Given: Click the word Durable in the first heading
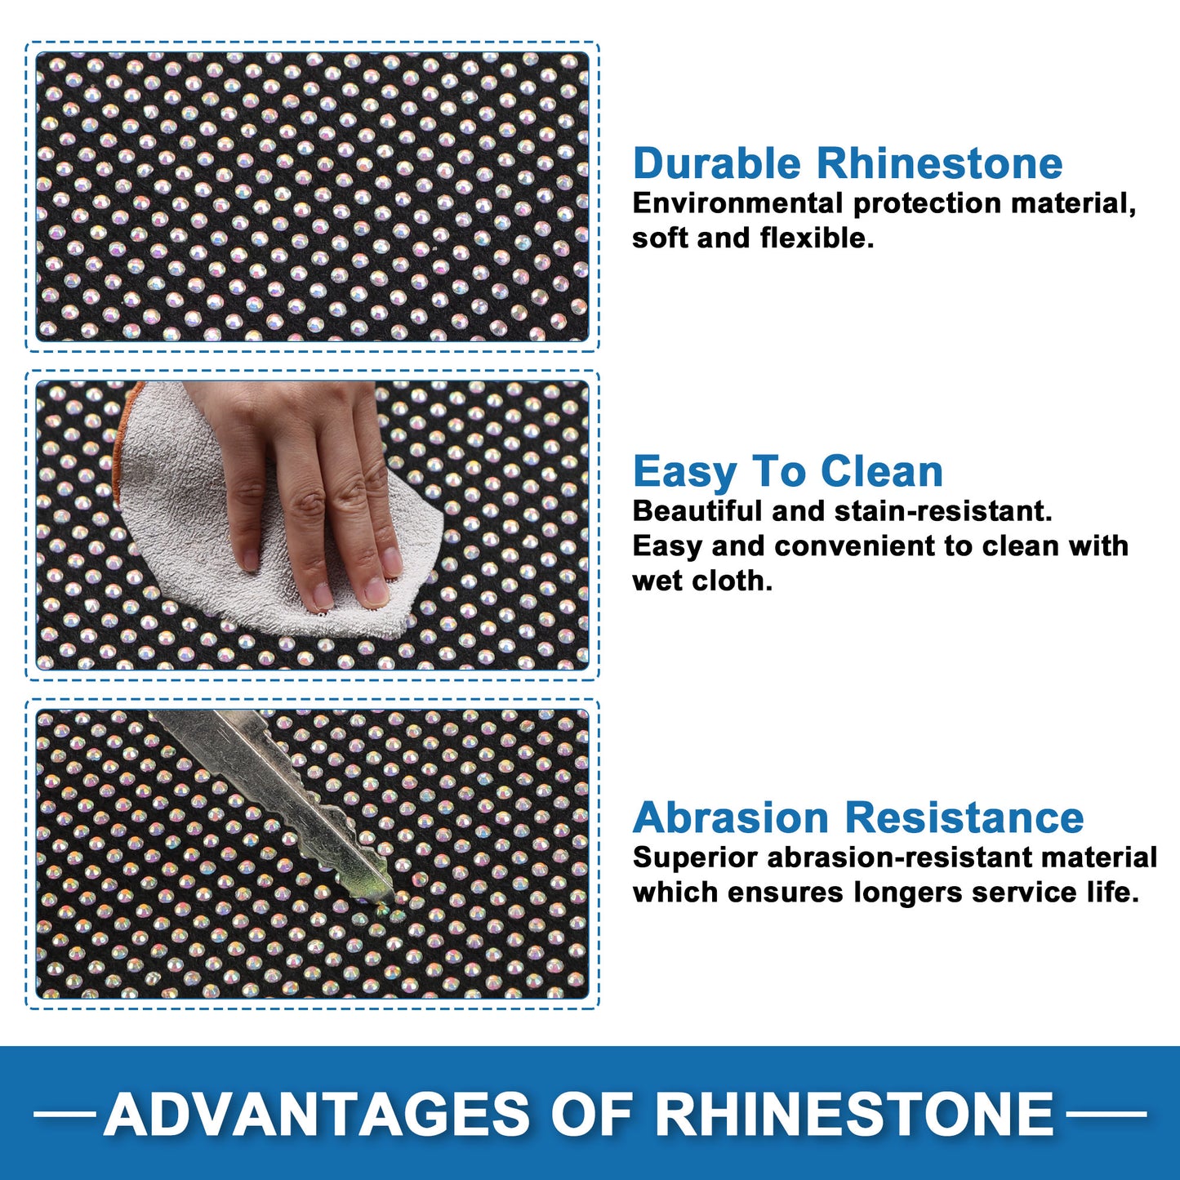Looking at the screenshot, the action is pos(716,163).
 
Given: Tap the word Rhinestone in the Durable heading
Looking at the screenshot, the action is pos(939,163).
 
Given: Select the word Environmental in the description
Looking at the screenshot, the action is pos(737,203).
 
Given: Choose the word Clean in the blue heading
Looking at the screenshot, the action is pos(880,471).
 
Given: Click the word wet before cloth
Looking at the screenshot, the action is pos(657,581).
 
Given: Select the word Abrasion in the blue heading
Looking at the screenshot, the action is pos(731,817).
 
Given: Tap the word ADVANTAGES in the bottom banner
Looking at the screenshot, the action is pos(316,1114).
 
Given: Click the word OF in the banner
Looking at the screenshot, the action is pos(591,1114).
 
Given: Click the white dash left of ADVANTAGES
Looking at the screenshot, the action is pos(65,1114).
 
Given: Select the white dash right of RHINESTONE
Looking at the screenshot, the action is pos(1106,1114).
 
